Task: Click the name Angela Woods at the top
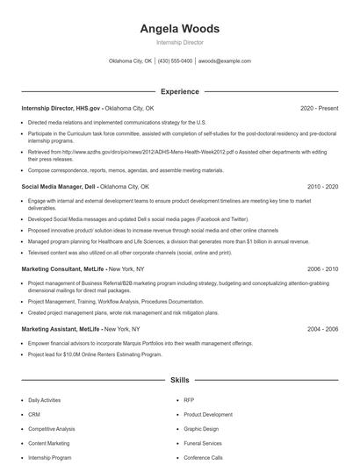pyautogui.click(x=179, y=29)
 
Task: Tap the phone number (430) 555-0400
pyautogui.click(x=175, y=61)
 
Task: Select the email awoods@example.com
pyautogui.click(x=225, y=61)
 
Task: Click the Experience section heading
pyautogui.click(x=179, y=91)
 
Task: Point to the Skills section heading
pyautogui.click(x=179, y=381)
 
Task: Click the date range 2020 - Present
pyautogui.click(x=319, y=108)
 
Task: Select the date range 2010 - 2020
pyautogui.click(x=322, y=187)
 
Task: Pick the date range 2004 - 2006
pyautogui.click(x=322, y=329)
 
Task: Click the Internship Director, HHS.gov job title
pyautogui.click(x=54, y=108)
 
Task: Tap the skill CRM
pyautogui.click(x=34, y=414)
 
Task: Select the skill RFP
pyautogui.click(x=189, y=399)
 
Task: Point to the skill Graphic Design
pyautogui.click(x=201, y=429)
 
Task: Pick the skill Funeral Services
pyautogui.click(x=203, y=443)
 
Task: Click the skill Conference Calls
pyautogui.click(x=203, y=458)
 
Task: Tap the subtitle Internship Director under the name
pyautogui.click(x=179, y=42)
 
